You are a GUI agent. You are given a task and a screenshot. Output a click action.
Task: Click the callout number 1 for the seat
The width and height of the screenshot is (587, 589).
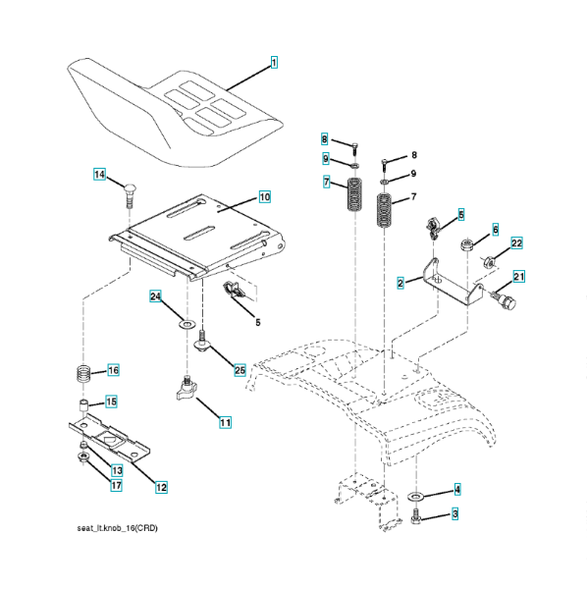tap(274, 63)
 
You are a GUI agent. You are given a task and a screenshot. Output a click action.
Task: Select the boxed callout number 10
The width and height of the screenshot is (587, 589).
tap(265, 197)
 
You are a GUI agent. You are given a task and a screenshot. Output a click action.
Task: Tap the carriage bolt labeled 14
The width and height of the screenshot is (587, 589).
tap(130, 195)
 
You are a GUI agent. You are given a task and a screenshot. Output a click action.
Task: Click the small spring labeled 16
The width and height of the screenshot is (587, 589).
tap(84, 374)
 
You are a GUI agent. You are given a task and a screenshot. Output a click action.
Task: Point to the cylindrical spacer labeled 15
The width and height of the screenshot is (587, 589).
tap(83, 406)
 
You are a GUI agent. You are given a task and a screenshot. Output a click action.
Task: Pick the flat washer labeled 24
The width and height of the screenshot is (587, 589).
tap(187, 324)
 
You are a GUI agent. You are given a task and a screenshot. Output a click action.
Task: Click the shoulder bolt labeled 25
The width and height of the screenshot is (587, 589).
tap(201, 341)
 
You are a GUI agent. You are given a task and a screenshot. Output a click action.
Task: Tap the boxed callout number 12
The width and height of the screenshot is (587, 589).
tap(161, 487)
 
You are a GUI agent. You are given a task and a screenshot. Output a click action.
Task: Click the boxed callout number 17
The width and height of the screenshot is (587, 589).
tap(117, 485)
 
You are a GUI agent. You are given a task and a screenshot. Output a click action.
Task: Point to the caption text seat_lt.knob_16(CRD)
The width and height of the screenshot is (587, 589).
tap(117, 528)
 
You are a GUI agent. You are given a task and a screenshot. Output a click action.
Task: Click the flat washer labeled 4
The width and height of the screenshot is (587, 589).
tap(415, 497)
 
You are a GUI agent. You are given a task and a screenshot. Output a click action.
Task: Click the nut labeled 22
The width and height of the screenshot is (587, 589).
tap(489, 261)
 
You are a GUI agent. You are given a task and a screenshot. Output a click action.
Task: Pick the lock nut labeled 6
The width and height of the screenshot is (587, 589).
tap(467, 244)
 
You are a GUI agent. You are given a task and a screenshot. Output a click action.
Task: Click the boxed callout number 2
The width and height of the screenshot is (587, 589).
tap(400, 283)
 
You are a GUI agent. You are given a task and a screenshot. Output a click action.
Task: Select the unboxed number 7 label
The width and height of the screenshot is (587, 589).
tap(414, 196)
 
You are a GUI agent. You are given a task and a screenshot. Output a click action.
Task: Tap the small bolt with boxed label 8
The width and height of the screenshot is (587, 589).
tap(355, 149)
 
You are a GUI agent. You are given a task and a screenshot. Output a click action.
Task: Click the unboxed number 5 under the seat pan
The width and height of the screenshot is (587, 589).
tap(258, 322)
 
